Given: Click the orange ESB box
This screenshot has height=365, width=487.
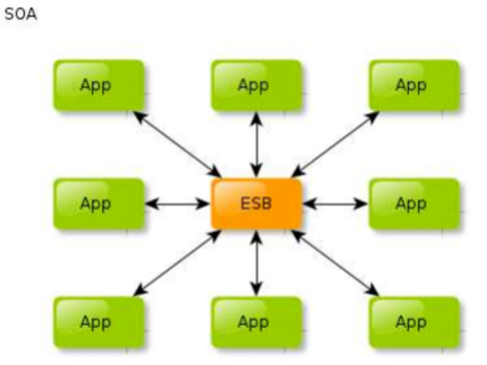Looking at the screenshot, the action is pyautogui.click(x=257, y=204).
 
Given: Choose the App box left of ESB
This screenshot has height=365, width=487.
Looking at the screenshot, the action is pyautogui.click(x=98, y=204).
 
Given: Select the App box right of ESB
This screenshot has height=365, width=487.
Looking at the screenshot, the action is pyautogui.click(x=413, y=204).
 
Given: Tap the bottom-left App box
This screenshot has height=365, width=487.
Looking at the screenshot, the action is pyautogui.click(x=98, y=322).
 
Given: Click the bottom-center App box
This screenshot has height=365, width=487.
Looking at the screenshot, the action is pyautogui.click(x=256, y=322).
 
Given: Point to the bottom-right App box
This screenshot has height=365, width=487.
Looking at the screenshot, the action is pyautogui.click(x=413, y=322).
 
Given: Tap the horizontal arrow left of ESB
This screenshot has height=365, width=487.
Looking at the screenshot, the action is pyautogui.click(x=177, y=204).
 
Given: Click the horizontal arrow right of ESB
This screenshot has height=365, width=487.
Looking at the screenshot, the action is pyautogui.click(x=335, y=204).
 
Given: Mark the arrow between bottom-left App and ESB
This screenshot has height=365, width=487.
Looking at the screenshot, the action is pyautogui.click(x=177, y=263).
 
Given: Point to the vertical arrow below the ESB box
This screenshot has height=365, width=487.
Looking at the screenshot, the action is pyautogui.click(x=257, y=263).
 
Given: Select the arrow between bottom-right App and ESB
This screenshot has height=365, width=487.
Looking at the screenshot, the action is pyautogui.click(x=335, y=263).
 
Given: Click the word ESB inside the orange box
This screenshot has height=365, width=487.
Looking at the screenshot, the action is pyautogui.click(x=257, y=204).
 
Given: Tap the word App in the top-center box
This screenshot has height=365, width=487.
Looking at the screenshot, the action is pyautogui.click(x=253, y=85).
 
